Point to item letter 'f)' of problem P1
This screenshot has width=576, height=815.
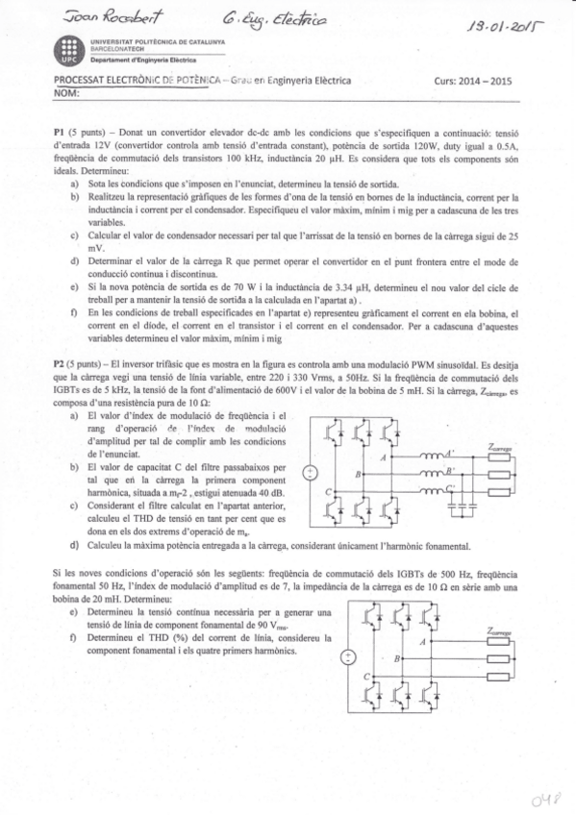tap(76, 312)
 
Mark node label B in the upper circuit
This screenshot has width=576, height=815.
tap(358, 475)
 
